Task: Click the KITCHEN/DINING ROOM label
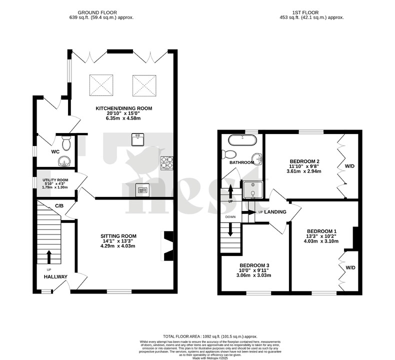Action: tap(123, 108)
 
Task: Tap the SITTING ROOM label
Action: tap(118, 235)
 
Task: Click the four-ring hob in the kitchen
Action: tap(166, 161)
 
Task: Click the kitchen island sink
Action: tap(138, 139)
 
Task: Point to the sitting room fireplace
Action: tap(166, 245)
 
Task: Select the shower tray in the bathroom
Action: tap(252, 189)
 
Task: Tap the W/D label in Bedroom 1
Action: tap(350, 267)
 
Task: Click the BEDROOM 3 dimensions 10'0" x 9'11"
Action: tap(254, 274)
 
